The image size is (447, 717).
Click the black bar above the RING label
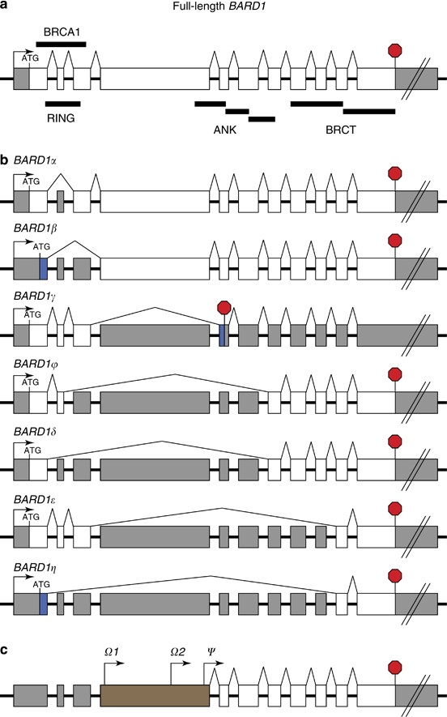[62, 104]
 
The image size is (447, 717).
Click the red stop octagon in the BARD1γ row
[224, 308]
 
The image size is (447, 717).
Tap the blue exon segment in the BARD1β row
[44, 269]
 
